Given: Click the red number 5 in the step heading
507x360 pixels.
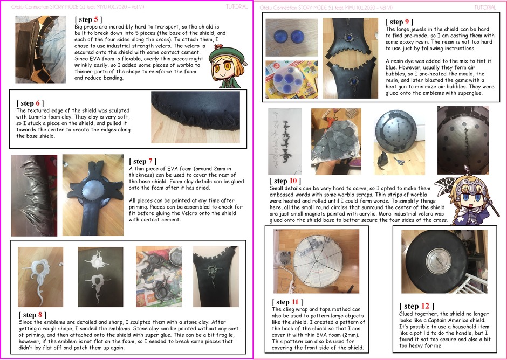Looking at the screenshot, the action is [x=96, y=20].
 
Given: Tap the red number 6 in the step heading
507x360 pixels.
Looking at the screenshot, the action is [x=38, y=103].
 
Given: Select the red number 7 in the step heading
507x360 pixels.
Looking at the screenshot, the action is [x=150, y=161].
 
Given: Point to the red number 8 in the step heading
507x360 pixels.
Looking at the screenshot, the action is [x=40, y=315].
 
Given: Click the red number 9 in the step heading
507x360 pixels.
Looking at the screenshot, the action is [x=407, y=22].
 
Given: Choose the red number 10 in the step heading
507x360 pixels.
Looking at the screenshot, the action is [x=293, y=181].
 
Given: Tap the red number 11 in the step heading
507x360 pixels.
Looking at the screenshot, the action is [x=295, y=302].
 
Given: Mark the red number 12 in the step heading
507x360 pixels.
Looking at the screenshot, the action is [x=425, y=306].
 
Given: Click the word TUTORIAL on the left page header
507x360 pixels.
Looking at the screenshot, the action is [x=237, y=6].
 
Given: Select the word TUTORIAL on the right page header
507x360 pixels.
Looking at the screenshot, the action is [x=485, y=8].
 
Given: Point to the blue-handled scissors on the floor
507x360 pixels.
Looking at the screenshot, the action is [x=399, y=161].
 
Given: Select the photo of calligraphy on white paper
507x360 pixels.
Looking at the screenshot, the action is [x=285, y=142].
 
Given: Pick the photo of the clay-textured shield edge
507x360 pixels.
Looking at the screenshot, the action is [x=196, y=117].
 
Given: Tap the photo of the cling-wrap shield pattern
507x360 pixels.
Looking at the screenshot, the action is [x=316, y=261].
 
